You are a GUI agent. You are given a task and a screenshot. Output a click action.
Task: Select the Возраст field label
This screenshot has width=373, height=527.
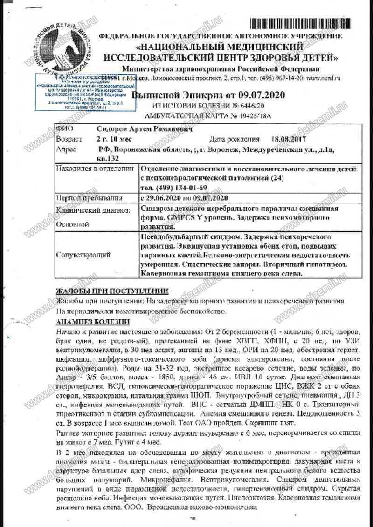pos(69,139)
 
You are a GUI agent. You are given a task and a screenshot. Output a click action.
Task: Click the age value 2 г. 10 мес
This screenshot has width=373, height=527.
pos(114,139)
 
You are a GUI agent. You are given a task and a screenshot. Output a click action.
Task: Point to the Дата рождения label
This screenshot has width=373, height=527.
pos(234,139)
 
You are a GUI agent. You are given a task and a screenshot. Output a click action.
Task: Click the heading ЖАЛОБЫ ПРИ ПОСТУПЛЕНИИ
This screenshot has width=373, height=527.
pos(111,291)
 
